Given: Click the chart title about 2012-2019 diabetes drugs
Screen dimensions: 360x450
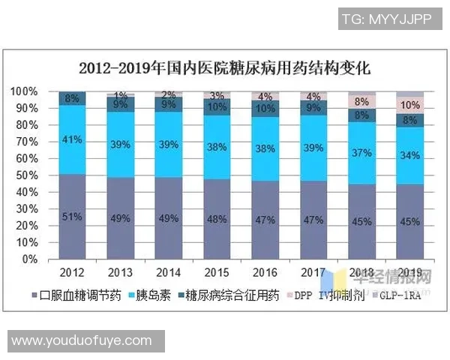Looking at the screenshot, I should tap(225, 68).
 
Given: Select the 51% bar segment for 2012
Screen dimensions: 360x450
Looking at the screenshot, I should tap(72, 217).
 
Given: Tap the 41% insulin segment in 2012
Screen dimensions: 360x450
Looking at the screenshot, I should tap(72, 139).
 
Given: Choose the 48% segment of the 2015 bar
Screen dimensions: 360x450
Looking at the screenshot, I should tap(217, 219).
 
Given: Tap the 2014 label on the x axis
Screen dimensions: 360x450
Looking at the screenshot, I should tap(169, 271).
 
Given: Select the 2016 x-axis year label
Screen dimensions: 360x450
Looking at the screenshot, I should tap(265, 271).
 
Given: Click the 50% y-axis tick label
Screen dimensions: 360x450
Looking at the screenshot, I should tap(26, 175).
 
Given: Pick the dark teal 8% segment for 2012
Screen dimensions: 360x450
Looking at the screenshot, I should tap(72, 98).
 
